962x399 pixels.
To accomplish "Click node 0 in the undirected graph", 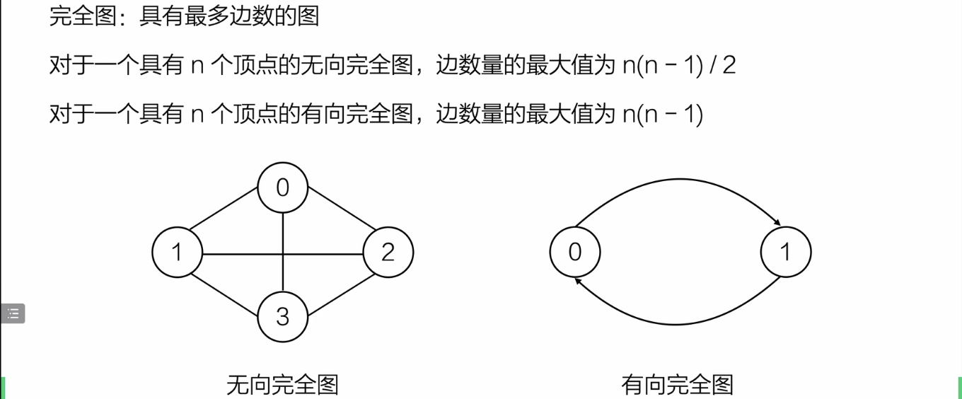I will (283, 188).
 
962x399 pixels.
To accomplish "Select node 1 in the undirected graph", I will (178, 252).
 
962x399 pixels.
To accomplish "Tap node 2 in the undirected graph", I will (388, 252).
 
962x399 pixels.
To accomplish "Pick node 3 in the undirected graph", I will (283, 316).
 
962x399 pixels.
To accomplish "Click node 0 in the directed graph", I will (575, 252).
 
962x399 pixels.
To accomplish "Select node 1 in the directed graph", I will (786, 252).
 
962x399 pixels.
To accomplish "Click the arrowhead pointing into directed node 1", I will (777, 224).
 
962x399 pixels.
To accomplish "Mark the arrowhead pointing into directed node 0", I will (579, 280).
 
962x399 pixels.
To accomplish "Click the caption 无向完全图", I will (282, 385).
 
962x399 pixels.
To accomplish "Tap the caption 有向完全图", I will (677, 385).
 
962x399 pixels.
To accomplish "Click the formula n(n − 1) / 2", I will (679, 66).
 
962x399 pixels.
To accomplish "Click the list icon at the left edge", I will (13, 313).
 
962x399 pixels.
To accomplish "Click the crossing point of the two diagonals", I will (283, 253).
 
